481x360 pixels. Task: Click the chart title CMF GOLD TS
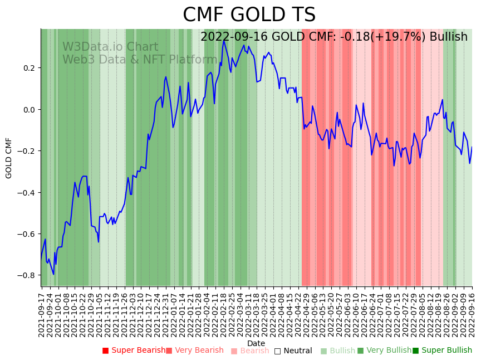point(249,15)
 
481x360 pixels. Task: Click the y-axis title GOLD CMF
point(9,158)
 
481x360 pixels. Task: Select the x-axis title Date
point(256,343)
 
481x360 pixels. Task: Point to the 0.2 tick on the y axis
point(29,68)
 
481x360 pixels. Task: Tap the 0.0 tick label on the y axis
point(29,109)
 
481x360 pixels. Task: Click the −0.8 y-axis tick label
point(27,275)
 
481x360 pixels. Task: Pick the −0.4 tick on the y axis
point(27,192)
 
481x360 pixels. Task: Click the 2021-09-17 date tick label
point(41,315)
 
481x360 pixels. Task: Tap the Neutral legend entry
point(297,351)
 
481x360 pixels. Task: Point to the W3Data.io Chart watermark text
point(110,47)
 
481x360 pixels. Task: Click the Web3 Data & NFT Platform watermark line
point(140,60)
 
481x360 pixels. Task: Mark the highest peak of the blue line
point(224,40)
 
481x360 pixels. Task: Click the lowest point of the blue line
point(53,274)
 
